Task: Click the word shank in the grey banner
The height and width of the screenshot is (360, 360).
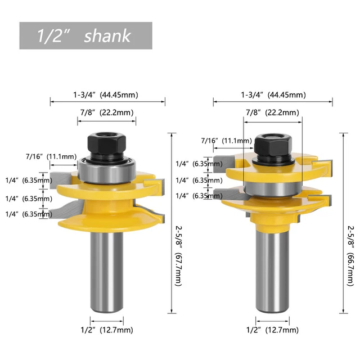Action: point(107,36)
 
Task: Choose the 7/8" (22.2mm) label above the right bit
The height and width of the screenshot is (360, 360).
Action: point(272,112)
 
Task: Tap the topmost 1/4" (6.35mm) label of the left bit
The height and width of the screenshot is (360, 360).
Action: point(30,181)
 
